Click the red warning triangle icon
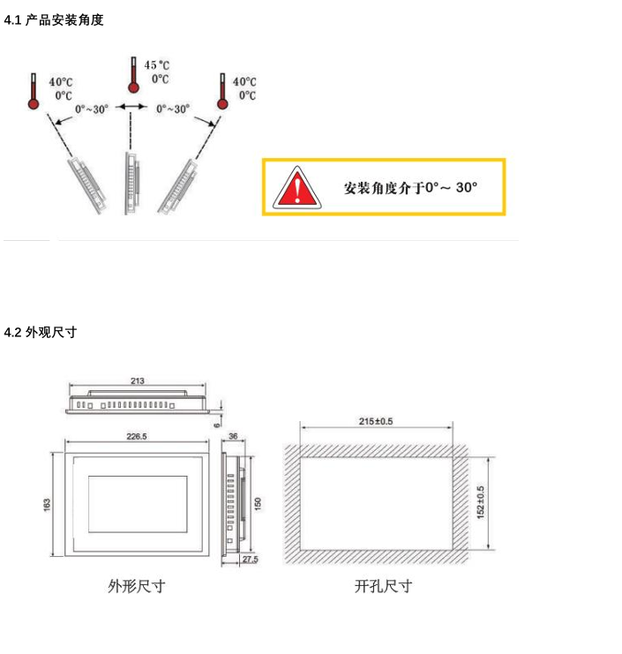point(296,188)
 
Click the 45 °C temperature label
point(157,65)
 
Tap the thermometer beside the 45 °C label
point(133,75)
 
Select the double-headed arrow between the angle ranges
point(131,107)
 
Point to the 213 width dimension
point(137,380)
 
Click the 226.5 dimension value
point(137,436)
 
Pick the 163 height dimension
point(47,504)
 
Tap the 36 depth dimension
point(233,436)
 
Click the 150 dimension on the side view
point(258,503)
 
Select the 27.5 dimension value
point(251,560)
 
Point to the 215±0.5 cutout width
point(376,421)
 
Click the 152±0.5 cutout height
point(480,502)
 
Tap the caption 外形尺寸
point(137,586)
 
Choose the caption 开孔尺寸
point(383,586)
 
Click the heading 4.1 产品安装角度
point(54,19)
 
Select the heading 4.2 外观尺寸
point(41,332)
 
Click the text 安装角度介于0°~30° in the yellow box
point(410,188)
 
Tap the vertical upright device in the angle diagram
point(131,184)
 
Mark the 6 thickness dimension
point(217,425)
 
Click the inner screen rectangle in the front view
point(138,504)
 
